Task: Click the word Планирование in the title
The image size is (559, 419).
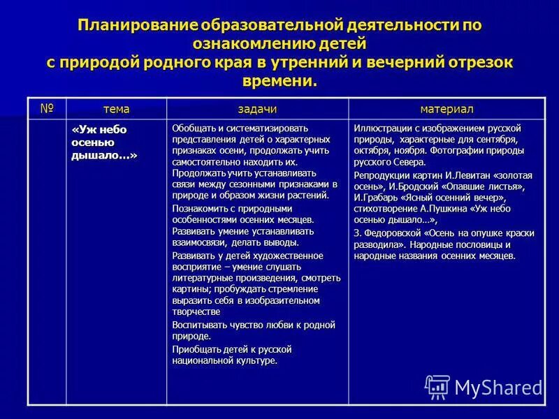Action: (x=138, y=25)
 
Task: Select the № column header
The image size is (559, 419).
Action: (x=47, y=108)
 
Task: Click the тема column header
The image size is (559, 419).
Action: (x=117, y=109)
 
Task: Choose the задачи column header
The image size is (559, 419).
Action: (x=257, y=109)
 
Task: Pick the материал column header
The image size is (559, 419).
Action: (x=447, y=109)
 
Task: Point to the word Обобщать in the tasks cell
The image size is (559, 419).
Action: (x=194, y=128)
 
